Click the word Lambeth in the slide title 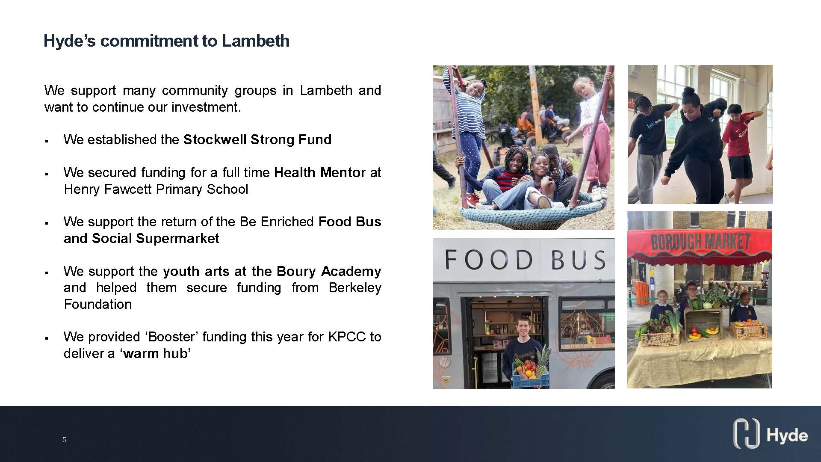[x=255, y=41]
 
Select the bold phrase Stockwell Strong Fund [x=257, y=139]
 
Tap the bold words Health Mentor [x=320, y=172]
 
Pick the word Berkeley [x=355, y=287]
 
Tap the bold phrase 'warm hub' [x=156, y=353]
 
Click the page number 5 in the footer [x=64, y=440]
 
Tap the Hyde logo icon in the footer [x=746, y=434]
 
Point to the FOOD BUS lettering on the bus [x=525, y=259]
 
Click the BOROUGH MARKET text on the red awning [x=700, y=242]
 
